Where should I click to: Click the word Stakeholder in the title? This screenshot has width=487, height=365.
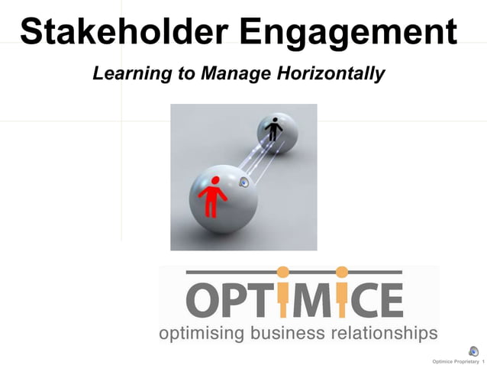tap(122, 32)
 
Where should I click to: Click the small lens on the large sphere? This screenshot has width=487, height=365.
tap(245, 182)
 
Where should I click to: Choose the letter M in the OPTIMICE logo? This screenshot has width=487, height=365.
tap(313, 299)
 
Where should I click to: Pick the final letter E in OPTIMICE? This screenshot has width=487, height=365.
tap(390, 299)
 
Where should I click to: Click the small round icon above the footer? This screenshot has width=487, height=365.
tap(474, 351)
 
